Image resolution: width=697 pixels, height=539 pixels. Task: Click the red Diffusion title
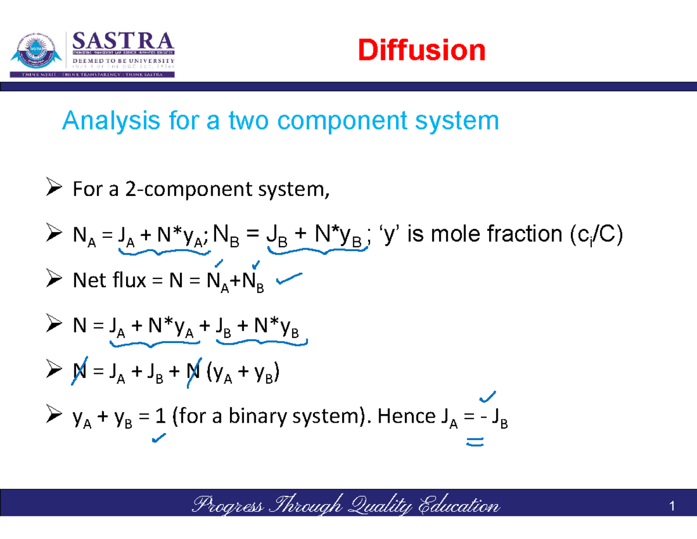[x=421, y=51]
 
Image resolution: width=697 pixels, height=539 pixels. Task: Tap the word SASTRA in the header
[x=123, y=42]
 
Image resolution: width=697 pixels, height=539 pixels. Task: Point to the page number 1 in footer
[x=671, y=507]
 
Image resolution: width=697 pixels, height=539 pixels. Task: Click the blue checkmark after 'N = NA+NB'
[x=289, y=281]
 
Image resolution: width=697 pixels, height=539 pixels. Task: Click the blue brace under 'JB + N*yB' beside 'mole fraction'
[x=318, y=251]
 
